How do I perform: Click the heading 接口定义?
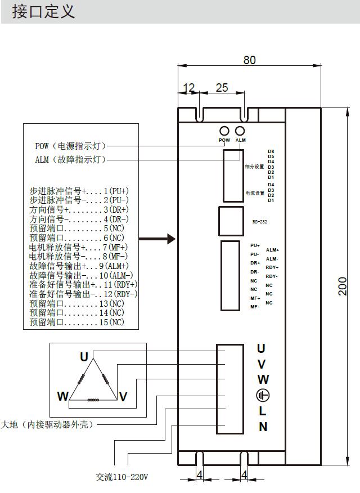[43, 11]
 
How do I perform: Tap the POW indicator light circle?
[224, 131]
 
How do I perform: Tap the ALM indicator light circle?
[240, 131]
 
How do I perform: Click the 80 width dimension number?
[249, 60]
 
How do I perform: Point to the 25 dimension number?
[222, 87]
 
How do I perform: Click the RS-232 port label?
[260, 222]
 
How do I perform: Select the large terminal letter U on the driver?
[261, 349]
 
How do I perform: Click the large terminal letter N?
[263, 427]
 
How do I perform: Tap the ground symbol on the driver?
[262, 395]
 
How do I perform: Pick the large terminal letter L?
[263, 411]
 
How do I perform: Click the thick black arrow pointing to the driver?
[157, 239]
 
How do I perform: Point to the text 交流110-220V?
[121, 477]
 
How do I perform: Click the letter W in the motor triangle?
[62, 396]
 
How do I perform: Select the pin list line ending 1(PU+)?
[79, 191]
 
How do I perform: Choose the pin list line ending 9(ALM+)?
[79, 266]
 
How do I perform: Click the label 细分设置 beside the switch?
[254, 167]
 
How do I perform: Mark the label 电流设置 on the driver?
[255, 193]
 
